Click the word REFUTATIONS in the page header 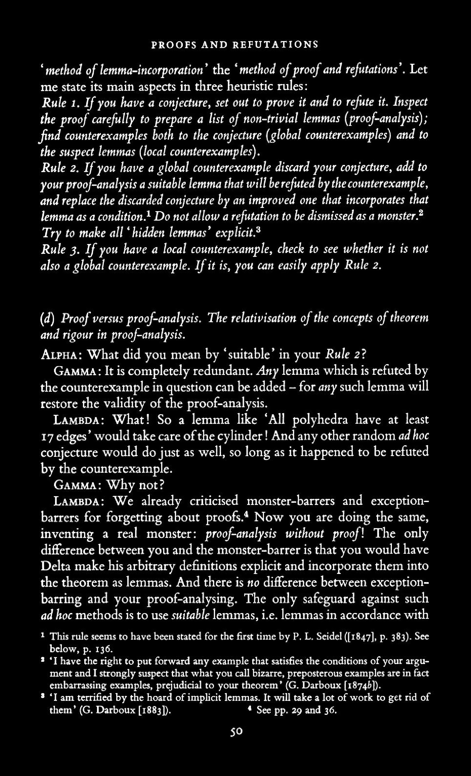coord(276,45)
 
